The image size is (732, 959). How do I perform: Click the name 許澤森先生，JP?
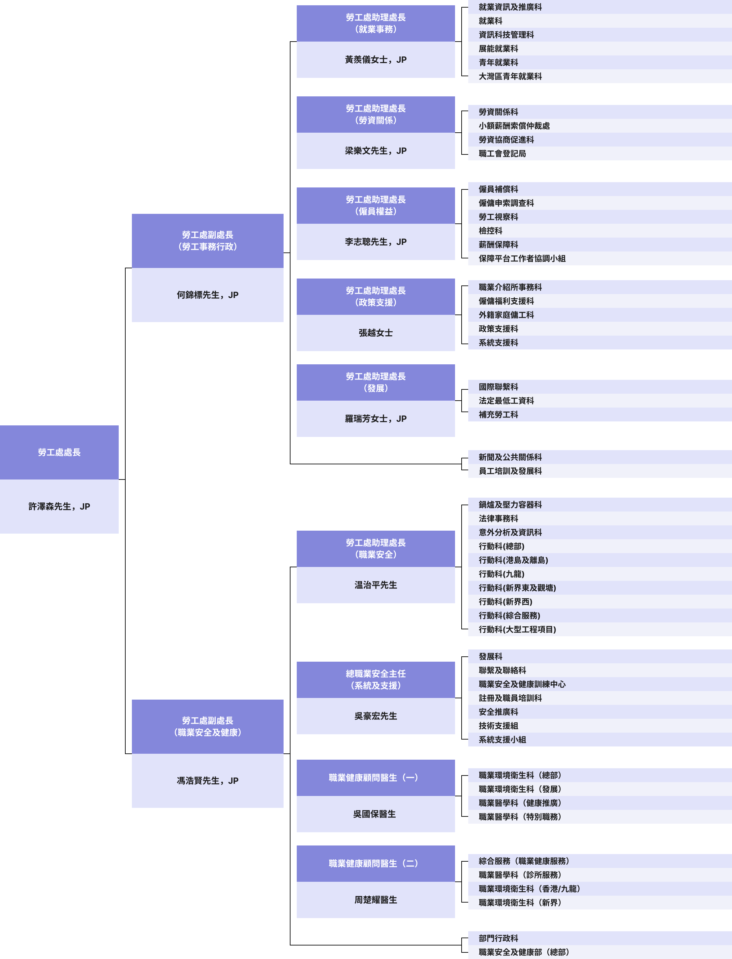pyautogui.click(x=59, y=506)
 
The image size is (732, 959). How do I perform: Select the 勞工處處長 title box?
pyautogui.click(x=59, y=452)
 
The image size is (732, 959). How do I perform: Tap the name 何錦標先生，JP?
pyautogui.click(x=207, y=295)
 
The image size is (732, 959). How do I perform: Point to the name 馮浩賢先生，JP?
pyautogui.click(x=207, y=781)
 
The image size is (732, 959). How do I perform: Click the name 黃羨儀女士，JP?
pyautogui.click(x=376, y=60)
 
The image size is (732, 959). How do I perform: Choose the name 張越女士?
pyautogui.click(x=376, y=333)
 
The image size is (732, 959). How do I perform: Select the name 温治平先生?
pyautogui.click(x=376, y=585)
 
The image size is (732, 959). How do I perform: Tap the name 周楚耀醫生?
pyautogui.click(x=376, y=900)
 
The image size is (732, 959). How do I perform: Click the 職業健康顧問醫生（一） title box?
pyautogui.click(x=376, y=777)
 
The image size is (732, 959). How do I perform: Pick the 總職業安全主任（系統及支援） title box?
pyautogui.click(x=376, y=679)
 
